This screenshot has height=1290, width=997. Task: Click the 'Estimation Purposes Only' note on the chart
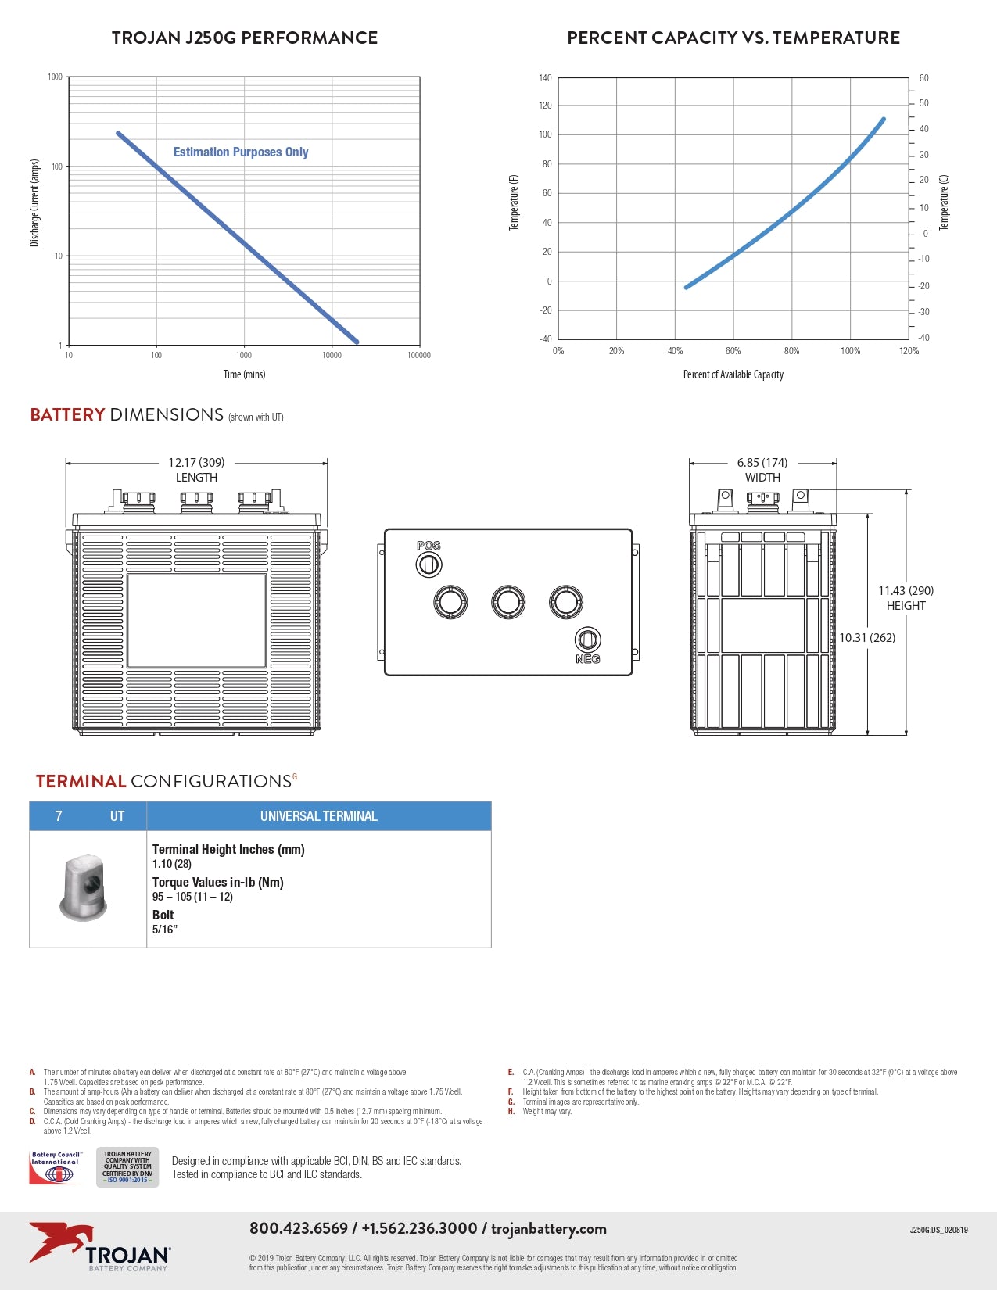click(241, 152)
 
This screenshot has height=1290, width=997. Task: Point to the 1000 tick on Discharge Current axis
click(55, 77)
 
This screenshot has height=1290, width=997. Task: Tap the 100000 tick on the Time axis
click(419, 355)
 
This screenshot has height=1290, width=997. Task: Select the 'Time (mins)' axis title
click(244, 374)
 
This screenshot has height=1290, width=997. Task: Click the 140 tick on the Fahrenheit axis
click(545, 78)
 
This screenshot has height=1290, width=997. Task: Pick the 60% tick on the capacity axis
click(733, 351)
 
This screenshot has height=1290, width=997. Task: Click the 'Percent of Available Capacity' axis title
click(733, 374)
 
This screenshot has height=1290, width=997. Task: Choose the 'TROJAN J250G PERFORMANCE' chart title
click(245, 38)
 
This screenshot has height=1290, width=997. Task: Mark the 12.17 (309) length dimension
click(196, 463)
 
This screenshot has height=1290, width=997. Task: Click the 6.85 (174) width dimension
click(762, 463)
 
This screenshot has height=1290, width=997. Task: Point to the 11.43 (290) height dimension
click(906, 591)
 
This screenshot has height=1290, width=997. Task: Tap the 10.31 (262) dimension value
click(867, 638)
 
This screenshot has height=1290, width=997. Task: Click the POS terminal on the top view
click(429, 563)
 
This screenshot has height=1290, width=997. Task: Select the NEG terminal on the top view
click(587, 640)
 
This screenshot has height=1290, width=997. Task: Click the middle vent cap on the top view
click(508, 602)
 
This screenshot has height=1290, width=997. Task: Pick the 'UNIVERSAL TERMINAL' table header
click(318, 816)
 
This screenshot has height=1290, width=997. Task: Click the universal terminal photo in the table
click(83, 887)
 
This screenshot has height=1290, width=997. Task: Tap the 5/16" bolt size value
click(165, 930)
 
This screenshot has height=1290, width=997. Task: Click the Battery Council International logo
click(56, 1168)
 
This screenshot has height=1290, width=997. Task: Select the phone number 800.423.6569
click(299, 1228)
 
